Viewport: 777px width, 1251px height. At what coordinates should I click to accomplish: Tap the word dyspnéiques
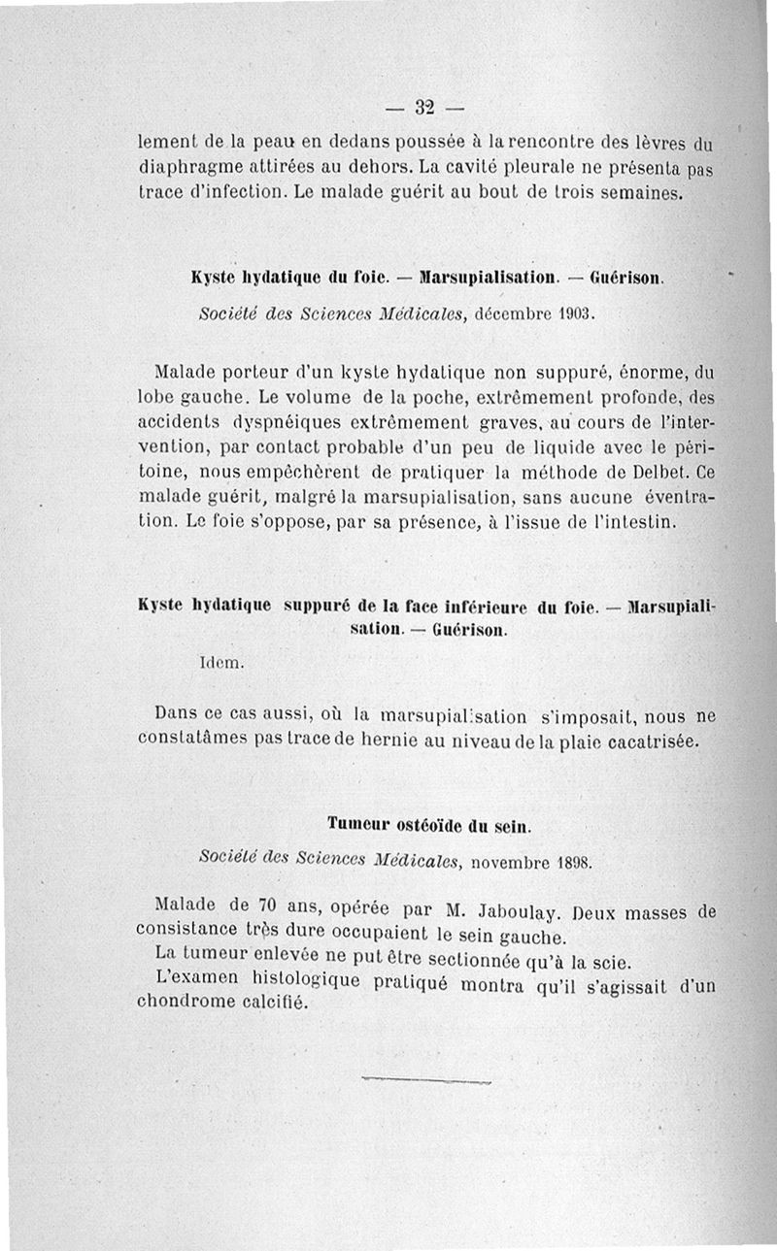click(x=260, y=422)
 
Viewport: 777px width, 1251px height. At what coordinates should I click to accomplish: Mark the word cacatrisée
click(x=648, y=742)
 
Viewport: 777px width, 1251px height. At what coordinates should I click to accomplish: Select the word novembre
click(x=515, y=860)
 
